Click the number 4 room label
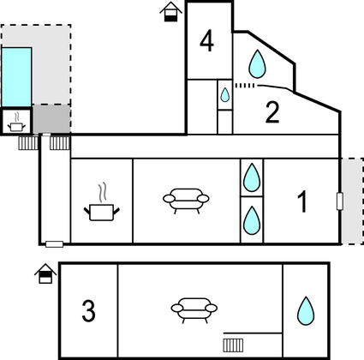point(207,41)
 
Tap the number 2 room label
point(272,112)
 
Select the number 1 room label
point(302,201)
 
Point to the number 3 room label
point(88,311)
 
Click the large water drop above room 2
point(257,64)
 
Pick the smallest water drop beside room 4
point(225,95)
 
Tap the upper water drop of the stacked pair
point(252,177)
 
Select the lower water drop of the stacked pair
point(252,220)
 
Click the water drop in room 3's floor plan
point(306,311)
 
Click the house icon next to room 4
point(171,12)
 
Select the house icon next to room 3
point(45,273)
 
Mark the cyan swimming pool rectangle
point(16,77)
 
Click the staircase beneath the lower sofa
point(233,345)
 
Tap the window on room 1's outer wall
point(340,201)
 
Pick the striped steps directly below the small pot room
point(28,143)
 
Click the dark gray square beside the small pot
point(51,119)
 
